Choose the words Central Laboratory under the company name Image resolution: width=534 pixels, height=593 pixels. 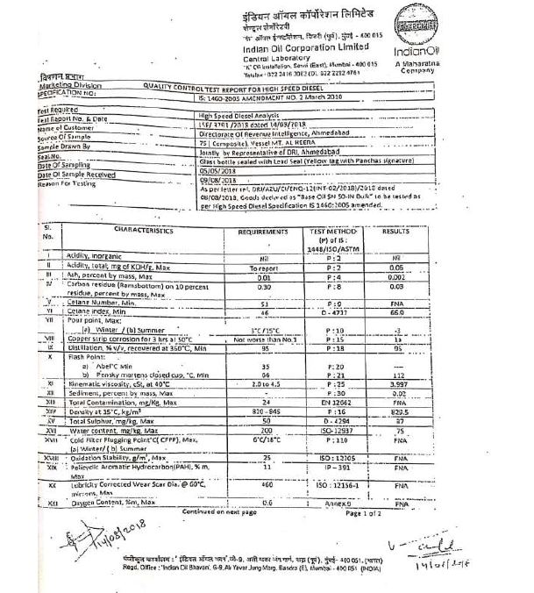coord(281,56)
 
